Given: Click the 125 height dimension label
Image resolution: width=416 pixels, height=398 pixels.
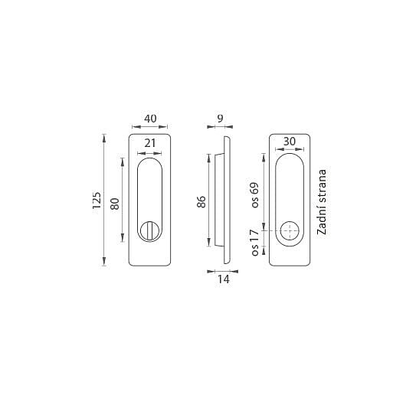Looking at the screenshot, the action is tap(97, 201).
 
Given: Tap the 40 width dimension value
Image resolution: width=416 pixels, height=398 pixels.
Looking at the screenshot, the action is tap(150, 119).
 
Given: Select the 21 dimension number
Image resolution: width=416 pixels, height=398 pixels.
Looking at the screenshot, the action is tap(150, 143).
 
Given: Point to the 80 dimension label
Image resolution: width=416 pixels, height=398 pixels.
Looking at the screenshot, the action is tap(115, 204).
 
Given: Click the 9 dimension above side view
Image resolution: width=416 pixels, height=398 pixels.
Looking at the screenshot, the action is tap(220, 119).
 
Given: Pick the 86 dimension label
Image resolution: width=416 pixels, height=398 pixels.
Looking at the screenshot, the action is tap(201, 201).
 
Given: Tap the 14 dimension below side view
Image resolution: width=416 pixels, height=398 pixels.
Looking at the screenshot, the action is tap(224, 279).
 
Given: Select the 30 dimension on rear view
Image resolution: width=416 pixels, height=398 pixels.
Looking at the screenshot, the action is tap(290, 142).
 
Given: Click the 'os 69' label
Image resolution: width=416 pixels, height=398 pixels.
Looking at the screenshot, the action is tap(254, 195).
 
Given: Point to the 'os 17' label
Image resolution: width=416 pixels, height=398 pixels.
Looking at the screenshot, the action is tap(254, 243).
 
